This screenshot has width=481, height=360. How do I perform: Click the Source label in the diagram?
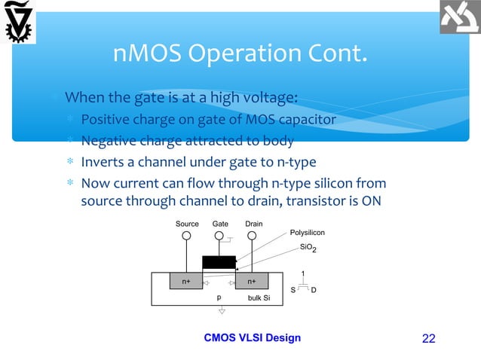point(187,224)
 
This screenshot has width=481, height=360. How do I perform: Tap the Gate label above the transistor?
point(220,224)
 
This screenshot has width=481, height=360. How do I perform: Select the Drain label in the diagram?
point(254,224)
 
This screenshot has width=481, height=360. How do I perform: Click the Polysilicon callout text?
point(308,233)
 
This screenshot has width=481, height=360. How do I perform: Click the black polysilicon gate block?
point(219,262)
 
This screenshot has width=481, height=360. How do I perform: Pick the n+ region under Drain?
point(252,282)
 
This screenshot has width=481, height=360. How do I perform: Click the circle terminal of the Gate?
point(220,236)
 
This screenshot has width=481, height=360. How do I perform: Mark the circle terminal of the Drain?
point(254,236)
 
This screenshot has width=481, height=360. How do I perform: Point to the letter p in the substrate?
point(219,297)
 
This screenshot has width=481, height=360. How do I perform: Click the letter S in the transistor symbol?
point(293,289)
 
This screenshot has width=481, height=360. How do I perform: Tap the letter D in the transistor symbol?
point(314,289)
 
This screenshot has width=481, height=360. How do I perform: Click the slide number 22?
point(428,338)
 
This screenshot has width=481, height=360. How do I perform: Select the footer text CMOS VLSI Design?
point(253,337)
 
